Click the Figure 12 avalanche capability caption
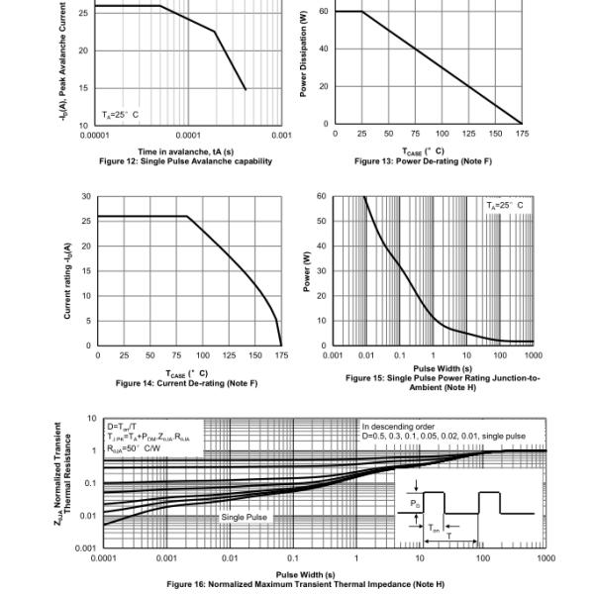185,160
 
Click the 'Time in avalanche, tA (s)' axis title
186,151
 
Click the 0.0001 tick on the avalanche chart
187,134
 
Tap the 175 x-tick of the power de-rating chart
522,133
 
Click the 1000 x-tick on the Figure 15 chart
535,354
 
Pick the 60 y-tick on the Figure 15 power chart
321,197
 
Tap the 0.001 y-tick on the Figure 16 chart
89,547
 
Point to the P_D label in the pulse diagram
416,502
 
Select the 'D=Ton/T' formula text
123,426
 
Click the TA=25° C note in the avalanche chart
120,115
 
